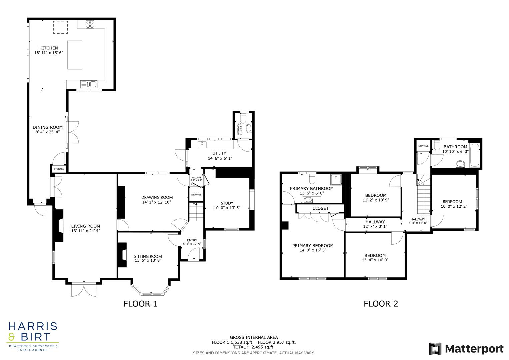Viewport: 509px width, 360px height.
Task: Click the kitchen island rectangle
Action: pos(75,55)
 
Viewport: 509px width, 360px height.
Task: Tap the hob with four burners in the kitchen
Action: pos(90,24)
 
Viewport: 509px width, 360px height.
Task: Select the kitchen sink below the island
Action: pos(88,84)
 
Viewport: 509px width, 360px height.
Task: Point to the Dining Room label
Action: pos(47,127)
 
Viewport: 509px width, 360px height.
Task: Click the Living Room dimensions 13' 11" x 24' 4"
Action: pos(85,231)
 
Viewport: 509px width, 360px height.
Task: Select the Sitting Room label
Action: pos(148,256)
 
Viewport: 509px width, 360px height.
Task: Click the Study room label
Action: pos(227,203)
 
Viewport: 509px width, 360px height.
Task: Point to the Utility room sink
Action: pos(202,145)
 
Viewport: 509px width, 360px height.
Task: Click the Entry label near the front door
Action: pos(192,240)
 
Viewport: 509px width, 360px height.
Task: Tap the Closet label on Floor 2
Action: pos(320,208)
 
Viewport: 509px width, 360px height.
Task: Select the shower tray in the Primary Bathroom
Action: pos(334,180)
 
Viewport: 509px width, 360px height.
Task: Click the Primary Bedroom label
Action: pos(313,246)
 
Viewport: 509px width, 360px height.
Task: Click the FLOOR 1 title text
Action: pos(140,304)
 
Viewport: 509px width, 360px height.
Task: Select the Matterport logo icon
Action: pos(435,349)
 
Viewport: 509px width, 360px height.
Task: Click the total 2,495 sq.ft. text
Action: pos(254,347)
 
